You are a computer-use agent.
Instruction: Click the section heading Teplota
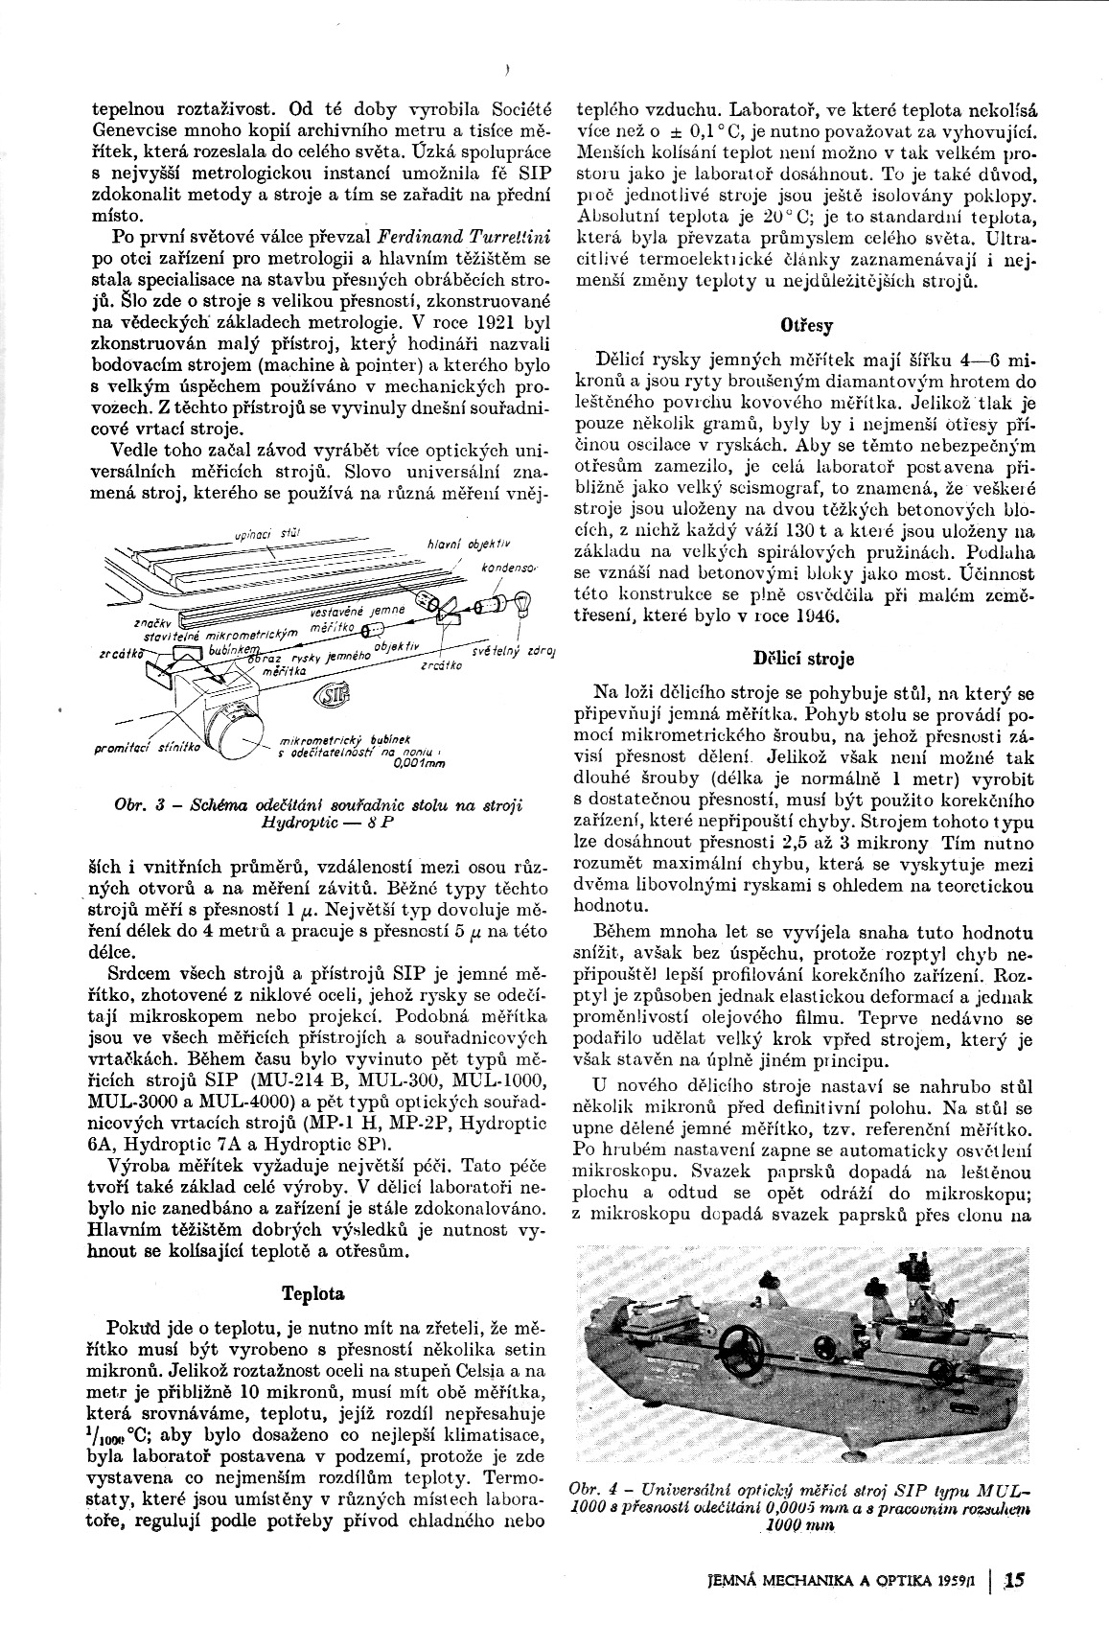pyautogui.click(x=313, y=1293)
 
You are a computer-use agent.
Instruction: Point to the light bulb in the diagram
pyautogui.click(x=524, y=605)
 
